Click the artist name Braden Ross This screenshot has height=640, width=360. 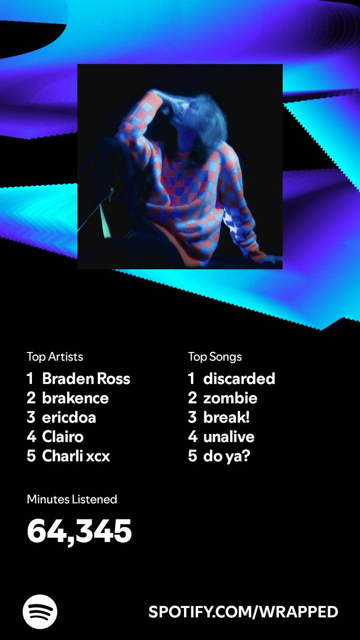(x=86, y=379)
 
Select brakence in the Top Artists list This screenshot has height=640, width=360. (x=75, y=398)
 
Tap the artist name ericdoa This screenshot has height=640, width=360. (x=69, y=418)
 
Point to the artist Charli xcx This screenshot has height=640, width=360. (x=76, y=457)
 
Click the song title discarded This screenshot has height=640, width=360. (x=239, y=379)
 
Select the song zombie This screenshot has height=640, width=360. (x=230, y=398)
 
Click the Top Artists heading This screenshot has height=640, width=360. (x=55, y=356)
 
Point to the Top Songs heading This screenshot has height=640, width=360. (x=215, y=356)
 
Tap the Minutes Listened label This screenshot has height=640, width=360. (x=72, y=500)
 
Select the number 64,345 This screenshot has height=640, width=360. (x=79, y=531)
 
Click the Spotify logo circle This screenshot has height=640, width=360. (x=40, y=611)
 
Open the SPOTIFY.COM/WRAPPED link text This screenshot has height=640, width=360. (x=243, y=612)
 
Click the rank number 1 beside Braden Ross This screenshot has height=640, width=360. (x=30, y=379)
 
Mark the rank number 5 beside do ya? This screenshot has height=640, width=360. (x=192, y=457)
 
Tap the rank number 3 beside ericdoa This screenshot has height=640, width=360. (x=31, y=418)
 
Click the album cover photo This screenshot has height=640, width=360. (x=180, y=166)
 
